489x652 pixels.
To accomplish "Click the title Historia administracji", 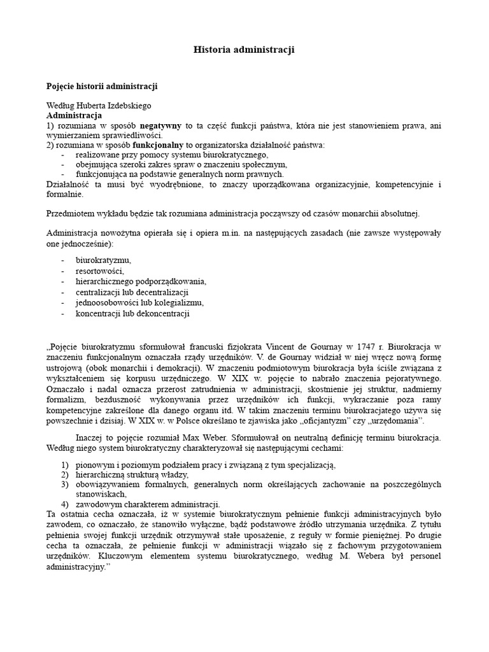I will [244, 50].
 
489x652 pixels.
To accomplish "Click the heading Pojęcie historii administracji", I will [102, 86].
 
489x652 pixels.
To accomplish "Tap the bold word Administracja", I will [74, 116].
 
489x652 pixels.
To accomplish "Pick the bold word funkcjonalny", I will [157, 145].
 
